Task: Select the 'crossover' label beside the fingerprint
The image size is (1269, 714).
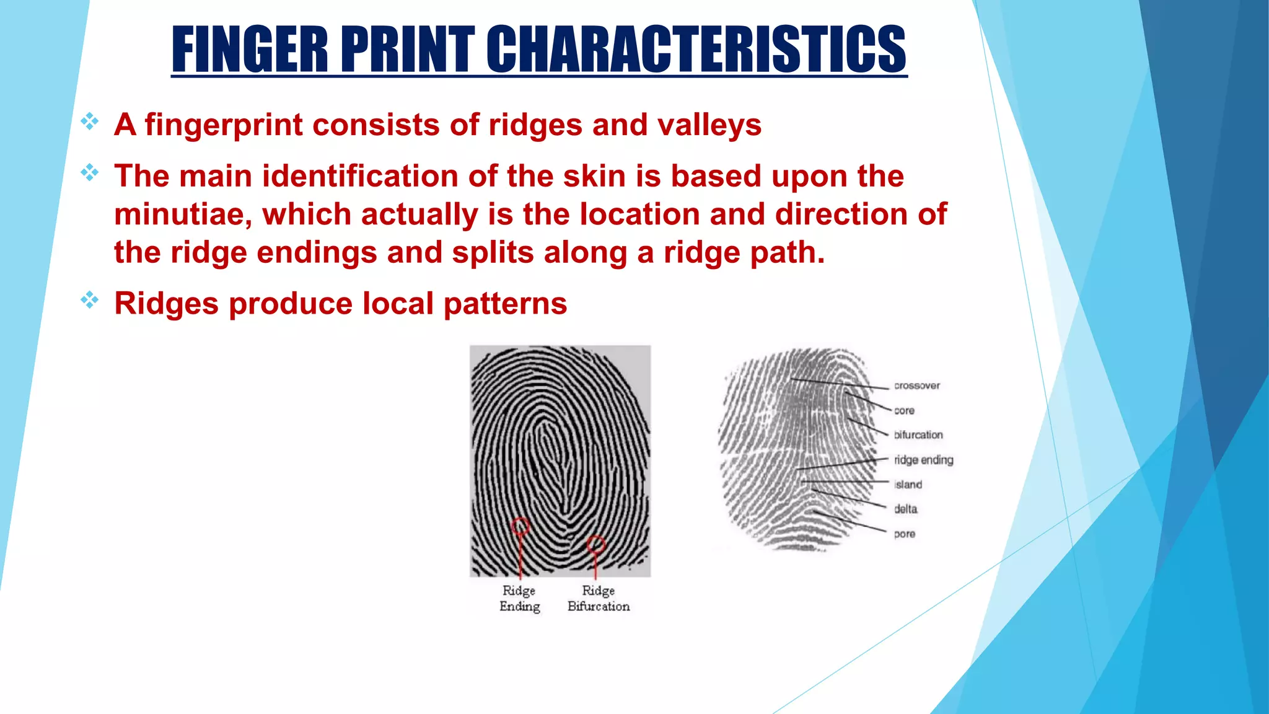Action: click(x=916, y=386)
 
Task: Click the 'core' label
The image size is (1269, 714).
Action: click(x=904, y=410)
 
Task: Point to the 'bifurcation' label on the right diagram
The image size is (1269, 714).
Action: click(x=918, y=435)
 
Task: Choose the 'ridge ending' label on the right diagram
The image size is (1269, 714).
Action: click(x=923, y=460)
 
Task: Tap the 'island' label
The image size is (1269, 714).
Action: click(x=908, y=485)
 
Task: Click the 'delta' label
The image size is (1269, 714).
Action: click(x=905, y=509)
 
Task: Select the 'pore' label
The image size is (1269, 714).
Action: click(x=904, y=534)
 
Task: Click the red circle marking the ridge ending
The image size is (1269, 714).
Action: click(x=520, y=527)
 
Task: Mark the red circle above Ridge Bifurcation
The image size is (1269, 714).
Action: click(x=595, y=545)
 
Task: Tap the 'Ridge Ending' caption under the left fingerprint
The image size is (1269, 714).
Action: click(x=519, y=598)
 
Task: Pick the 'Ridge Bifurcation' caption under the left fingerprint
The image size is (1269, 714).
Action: click(x=598, y=598)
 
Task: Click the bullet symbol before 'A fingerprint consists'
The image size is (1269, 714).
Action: click(x=90, y=121)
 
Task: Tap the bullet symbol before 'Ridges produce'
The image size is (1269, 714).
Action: click(x=90, y=301)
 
